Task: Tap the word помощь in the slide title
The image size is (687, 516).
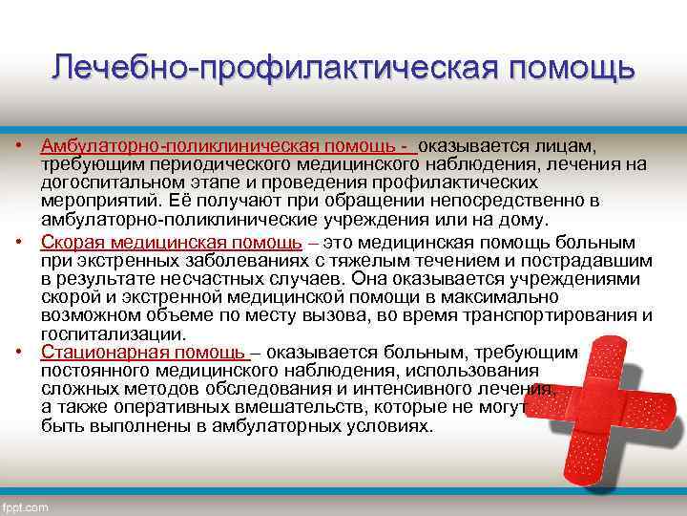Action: (572, 69)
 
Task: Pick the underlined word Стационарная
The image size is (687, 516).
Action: (99, 352)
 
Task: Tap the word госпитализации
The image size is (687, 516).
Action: (112, 333)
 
